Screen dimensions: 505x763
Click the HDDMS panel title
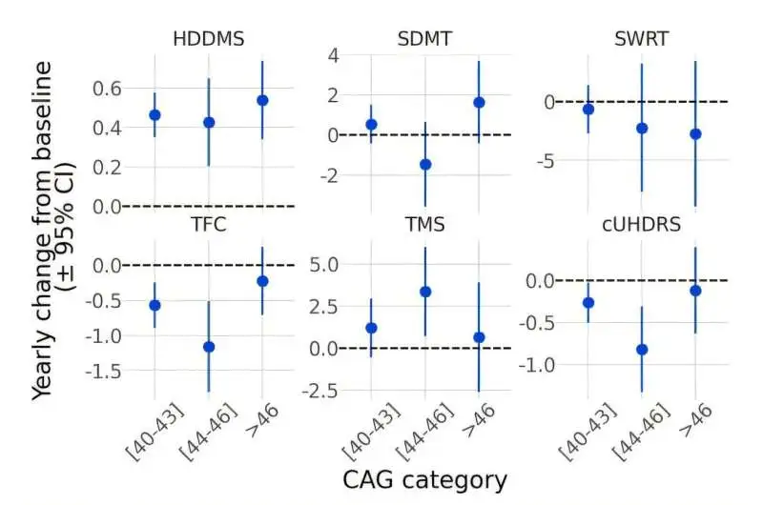[209, 40]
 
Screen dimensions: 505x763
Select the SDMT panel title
[425, 40]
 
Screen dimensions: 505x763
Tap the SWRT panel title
[642, 40]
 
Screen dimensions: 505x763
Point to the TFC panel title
[209, 225]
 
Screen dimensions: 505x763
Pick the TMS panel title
[425, 225]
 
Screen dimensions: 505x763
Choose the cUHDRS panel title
[642, 225]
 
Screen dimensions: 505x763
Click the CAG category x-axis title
[425, 479]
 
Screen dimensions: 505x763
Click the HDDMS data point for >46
[262, 100]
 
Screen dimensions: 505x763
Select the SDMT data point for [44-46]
[425, 164]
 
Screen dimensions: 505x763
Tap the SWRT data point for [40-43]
[588, 109]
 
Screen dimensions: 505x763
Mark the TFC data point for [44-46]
[209, 347]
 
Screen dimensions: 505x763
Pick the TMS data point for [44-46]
[425, 292]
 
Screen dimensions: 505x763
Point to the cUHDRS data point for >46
[695, 290]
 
